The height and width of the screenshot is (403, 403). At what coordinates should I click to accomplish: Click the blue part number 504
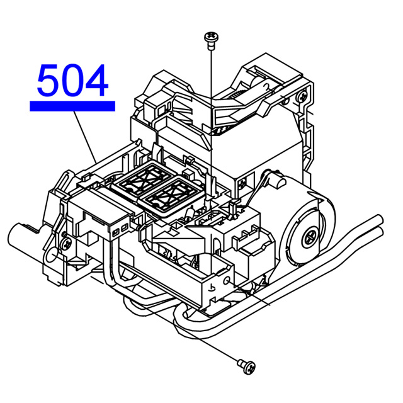(72, 80)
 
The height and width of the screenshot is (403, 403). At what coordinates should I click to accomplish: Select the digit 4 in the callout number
(97, 80)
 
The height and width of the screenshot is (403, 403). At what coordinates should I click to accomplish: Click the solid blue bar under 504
(72, 106)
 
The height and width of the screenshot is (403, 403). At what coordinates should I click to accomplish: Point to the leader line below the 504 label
(85, 137)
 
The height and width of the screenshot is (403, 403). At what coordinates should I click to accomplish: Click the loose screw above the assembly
(211, 40)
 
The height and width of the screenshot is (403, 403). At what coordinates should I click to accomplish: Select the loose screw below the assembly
(246, 366)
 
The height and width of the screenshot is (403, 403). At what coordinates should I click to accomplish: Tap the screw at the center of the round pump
(311, 238)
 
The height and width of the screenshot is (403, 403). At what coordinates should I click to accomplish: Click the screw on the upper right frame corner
(302, 96)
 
